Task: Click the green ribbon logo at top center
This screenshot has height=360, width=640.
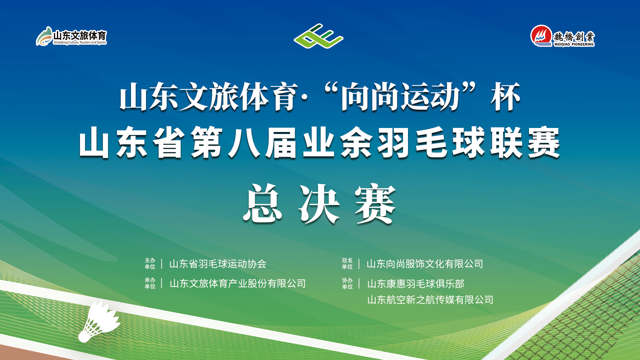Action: (x=319, y=36)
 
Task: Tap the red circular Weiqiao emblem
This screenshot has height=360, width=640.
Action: (x=541, y=36)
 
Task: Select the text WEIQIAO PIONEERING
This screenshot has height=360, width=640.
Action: (x=574, y=44)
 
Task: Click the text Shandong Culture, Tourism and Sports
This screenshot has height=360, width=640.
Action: (x=80, y=43)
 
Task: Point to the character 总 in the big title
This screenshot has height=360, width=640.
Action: (x=262, y=203)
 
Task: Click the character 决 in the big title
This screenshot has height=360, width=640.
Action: (x=319, y=204)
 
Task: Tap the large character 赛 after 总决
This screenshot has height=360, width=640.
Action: (x=375, y=204)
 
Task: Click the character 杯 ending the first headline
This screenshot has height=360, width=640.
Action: (x=505, y=97)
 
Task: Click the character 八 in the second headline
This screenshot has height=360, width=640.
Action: (x=244, y=142)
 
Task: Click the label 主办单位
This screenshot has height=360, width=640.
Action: (x=150, y=263)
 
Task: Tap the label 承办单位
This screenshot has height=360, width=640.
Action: (x=150, y=283)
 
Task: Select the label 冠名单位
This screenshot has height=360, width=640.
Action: (x=347, y=263)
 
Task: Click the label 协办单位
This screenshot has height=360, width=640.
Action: (x=347, y=283)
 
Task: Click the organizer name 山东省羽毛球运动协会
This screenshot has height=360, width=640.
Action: (x=218, y=264)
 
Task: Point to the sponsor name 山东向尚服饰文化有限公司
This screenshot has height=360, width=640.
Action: (x=425, y=264)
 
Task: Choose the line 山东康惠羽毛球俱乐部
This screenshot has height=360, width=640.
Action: (x=416, y=284)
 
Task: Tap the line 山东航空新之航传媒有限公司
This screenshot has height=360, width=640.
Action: (x=430, y=300)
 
